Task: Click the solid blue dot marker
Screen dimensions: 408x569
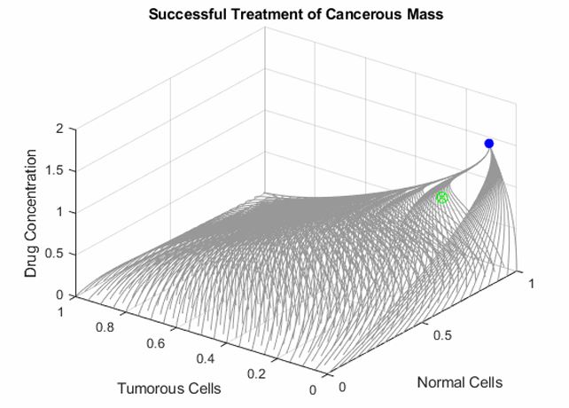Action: [x=488, y=144]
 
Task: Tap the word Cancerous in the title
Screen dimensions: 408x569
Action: [x=347, y=14]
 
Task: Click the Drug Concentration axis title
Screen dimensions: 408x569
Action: [x=32, y=214]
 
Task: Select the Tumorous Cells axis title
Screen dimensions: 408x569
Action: [x=169, y=388]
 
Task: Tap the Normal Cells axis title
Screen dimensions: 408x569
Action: [x=459, y=383]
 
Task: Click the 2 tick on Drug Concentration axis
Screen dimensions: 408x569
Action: [x=61, y=129]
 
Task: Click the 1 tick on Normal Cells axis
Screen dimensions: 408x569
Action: [x=531, y=283]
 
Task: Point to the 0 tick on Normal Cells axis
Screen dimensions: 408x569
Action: [x=342, y=387]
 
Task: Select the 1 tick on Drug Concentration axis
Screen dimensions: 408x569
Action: [x=61, y=212]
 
